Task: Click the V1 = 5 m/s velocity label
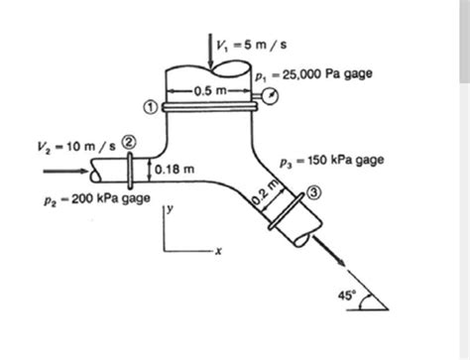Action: (x=251, y=45)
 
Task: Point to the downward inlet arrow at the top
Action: (x=209, y=50)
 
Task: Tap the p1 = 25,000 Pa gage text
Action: (x=313, y=74)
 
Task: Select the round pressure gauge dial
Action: (x=271, y=96)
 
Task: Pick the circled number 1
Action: (x=151, y=107)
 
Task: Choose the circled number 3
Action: (x=313, y=192)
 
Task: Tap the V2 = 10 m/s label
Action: (x=76, y=146)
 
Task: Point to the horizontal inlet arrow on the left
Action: (x=66, y=171)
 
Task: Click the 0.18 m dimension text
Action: (x=175, y=170)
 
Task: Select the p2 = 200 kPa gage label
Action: (x=97, y=198)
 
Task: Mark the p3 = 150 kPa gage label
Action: (x=332, y=161)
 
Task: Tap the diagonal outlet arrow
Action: (x=328, y=250)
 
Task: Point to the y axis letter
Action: (x=170, y=209)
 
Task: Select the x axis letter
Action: (x=218, y=251)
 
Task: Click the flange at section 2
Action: (x=130, y=171)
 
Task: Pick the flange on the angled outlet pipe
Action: (x=286, y=211)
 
